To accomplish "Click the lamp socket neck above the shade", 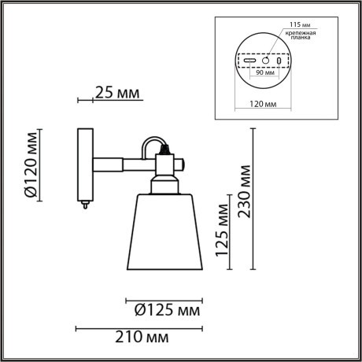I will pyautogui.click(x=164, y=185).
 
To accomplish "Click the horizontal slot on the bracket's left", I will pyautogui.click(x=249, y=61).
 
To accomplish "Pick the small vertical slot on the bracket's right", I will pyautogui.click(x=278, y=61).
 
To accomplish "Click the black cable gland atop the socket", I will pyautogui.click(x=164, y=147).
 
